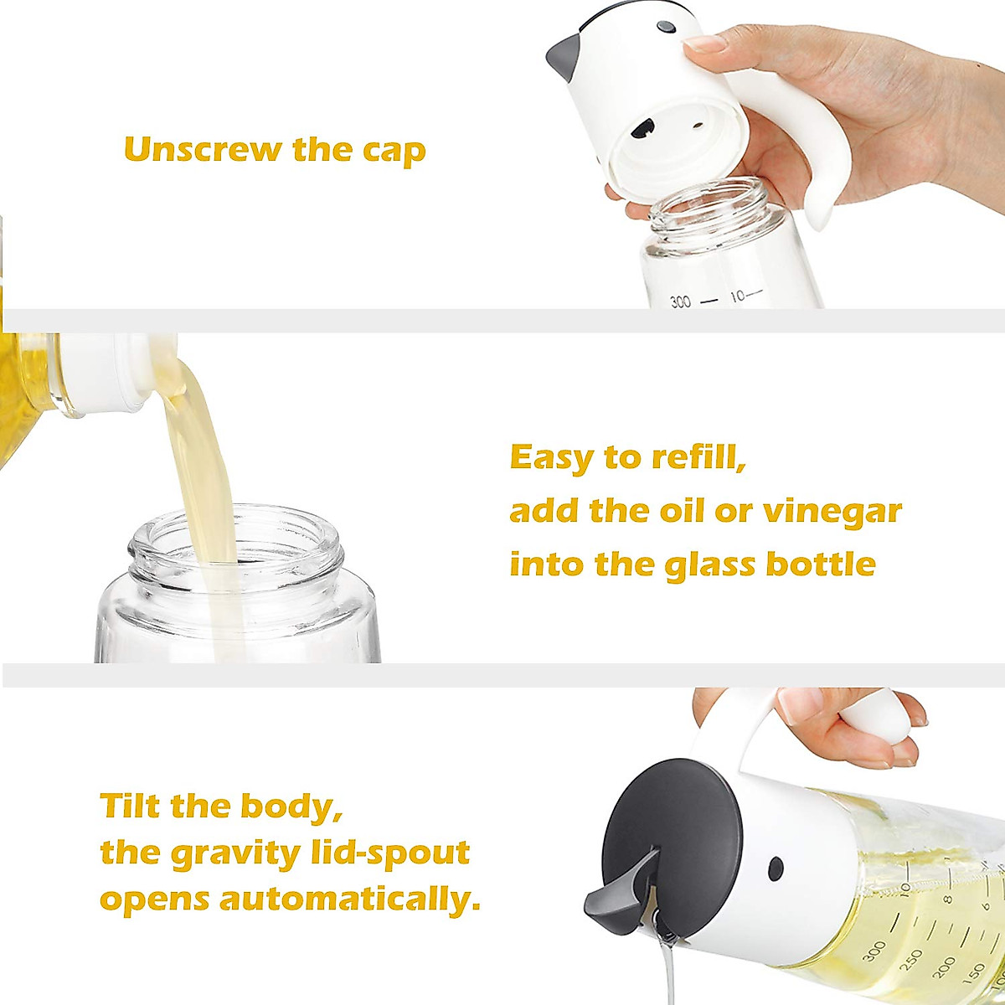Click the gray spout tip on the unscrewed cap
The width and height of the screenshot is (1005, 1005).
(x=560, y=56)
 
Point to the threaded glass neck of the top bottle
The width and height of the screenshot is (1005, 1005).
(x=709, y=204)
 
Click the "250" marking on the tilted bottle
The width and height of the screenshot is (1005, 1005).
(x=912, y=958)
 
